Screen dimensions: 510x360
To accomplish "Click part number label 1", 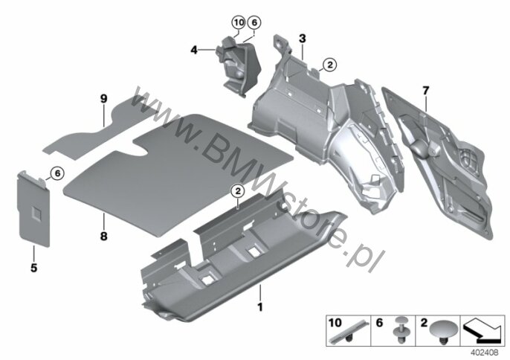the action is pyautogui.click(x=260, y=307).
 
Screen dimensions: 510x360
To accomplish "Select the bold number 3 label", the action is pyautogui.click(x=303, y=39).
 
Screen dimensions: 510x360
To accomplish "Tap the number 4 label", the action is pyautogui.click(x=194, y=50).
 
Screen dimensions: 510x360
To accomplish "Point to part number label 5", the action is pyautogui.click(x=34, y=268).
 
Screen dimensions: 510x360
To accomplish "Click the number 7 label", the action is pyautogui.click(x=426, y=91).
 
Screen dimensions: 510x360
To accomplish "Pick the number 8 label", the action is pyautogui.click(x=103, y=237).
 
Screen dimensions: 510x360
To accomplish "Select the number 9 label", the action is pyautogui.click(x=103, y=99).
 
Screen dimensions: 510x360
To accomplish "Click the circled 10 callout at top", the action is pyautogui.click(x=239, y=22).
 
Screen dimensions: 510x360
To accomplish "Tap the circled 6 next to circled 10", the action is pyautogui.click(x=254, y=22).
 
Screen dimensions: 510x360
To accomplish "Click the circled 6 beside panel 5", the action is pyautogui.click(x=57, y=173).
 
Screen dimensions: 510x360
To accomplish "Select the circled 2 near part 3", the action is pyautogui.click(x=330, y=65).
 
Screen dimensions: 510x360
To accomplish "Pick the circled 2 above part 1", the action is pyautogui.click(x=238, y=191).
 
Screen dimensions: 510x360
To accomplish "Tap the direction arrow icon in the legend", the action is pyautogui.click(x=482, y=330).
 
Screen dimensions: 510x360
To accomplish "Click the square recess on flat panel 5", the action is pyautogui.click(x=36, y=213).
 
